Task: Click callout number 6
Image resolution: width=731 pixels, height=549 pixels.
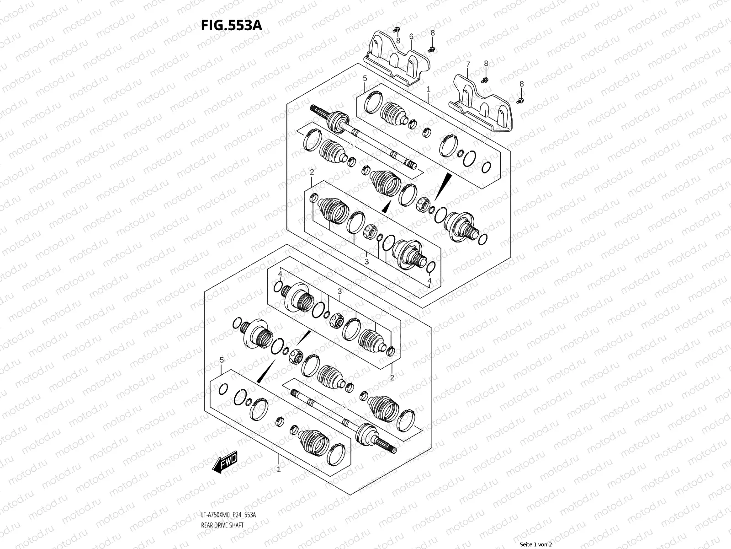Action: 411,36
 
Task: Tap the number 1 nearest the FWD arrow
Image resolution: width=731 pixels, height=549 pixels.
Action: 279,469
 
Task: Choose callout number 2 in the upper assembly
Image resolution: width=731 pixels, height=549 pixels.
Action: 312,172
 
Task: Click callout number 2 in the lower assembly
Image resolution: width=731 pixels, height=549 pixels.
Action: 392,377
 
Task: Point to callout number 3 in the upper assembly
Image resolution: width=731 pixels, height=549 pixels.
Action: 366,261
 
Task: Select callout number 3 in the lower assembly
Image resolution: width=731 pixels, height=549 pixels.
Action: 339,291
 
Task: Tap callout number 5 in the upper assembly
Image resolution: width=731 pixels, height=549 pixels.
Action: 365,79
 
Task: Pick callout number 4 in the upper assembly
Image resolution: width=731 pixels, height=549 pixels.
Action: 429,280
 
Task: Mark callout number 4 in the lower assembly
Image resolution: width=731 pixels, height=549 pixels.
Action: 280,274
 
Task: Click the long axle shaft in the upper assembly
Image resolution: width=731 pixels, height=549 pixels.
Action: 365,142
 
